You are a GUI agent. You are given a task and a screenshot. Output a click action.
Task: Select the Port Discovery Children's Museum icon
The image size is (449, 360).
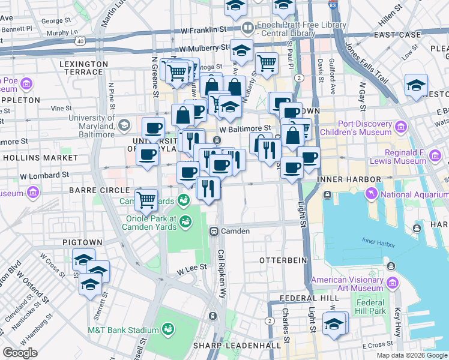(402, 126)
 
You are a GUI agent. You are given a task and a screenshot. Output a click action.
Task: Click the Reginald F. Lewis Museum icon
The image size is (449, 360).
(435, 156)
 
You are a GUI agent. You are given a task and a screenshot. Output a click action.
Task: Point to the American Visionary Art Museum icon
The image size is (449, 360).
(393, 282)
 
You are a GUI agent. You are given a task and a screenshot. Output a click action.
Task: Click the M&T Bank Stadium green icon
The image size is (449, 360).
(167, 329)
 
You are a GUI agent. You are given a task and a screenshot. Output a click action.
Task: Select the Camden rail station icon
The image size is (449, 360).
(212, 231)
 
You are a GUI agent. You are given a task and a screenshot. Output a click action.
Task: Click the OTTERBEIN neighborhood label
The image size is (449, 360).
(283, 260)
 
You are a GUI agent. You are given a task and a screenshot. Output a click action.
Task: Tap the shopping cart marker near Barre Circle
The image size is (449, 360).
(146, 200)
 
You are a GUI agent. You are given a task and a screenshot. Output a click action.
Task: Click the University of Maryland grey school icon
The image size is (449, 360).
(124, 125)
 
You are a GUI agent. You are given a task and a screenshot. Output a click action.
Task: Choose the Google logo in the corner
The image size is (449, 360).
(20, 353)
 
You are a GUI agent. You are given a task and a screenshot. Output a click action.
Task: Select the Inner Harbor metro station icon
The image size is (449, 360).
(328, 194)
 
